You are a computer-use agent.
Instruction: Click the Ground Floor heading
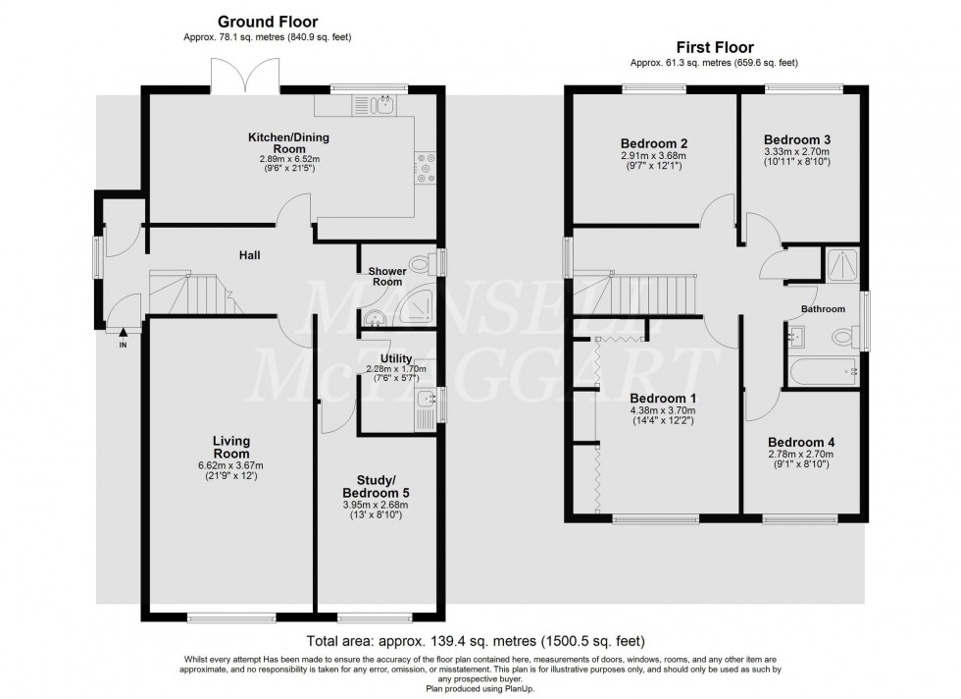(x=268, y=21)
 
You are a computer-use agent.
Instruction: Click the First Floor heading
(x=715, y=46)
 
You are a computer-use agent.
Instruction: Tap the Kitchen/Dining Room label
(x=268, y=141)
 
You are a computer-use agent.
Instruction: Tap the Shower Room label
(x=387, y=276)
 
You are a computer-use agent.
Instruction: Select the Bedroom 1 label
(x=664, y=398)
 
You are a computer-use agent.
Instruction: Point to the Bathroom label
(x=823, y=309)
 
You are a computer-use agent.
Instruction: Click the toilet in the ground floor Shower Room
(x=421, y=263)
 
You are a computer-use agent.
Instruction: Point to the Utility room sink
(x=425, y=400)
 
